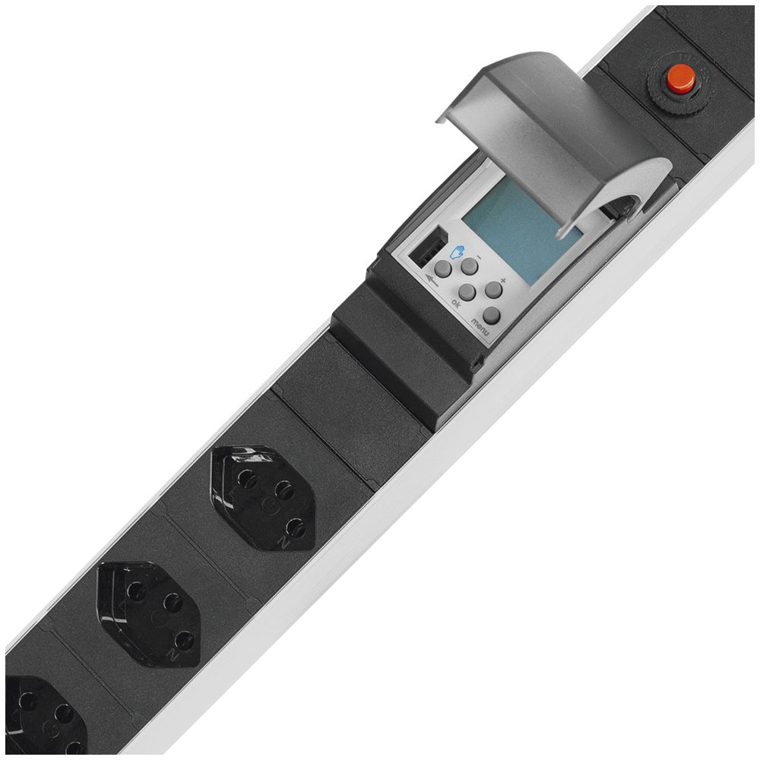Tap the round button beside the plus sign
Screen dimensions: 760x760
[x=494, y=290]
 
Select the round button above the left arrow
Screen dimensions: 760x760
[x=443, y=268]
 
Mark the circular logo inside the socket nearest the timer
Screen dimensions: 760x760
[x=268, y=503]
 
